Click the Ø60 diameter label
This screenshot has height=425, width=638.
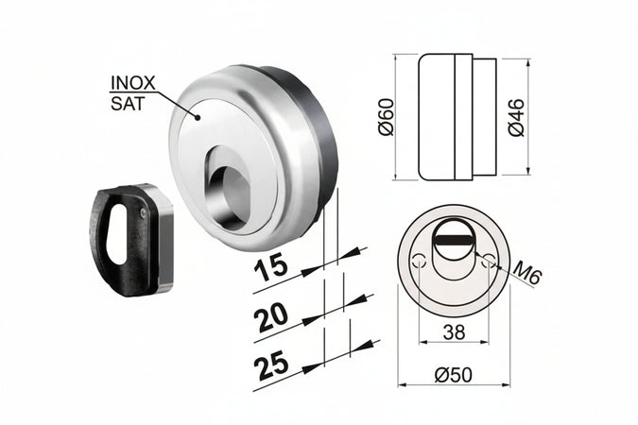(x=386, y=117)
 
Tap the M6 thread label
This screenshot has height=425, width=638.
(x=528, y=277)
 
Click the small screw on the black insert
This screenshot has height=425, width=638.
(x=143, y=214)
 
